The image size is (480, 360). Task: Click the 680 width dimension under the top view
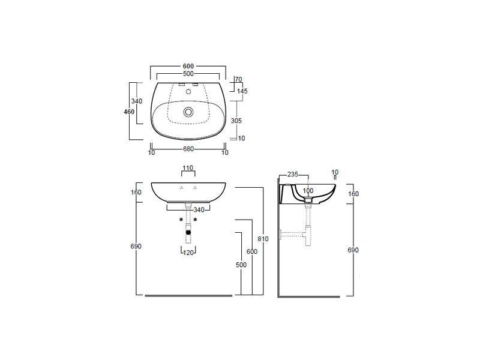point(188,149)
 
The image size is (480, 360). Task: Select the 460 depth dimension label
point(129,112)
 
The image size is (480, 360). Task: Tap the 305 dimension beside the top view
point(236,121)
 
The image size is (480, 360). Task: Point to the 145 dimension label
point(242,91)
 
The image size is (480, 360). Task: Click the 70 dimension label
point(238,79)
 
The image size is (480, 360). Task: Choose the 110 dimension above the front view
point(188,168)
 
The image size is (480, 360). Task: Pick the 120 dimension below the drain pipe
point(188,253)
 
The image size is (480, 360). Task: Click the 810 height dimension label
point(263,239)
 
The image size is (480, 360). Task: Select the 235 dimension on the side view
point(293,175)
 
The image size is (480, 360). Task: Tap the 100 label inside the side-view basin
point(308,191)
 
